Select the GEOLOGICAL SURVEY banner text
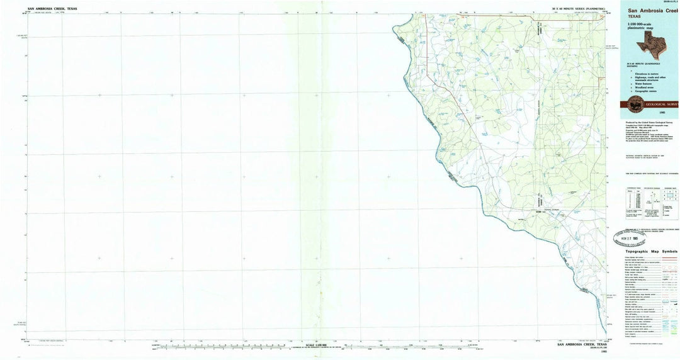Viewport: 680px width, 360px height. click(x=664, y=104)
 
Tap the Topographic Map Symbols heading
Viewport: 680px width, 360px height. click(x=652, y=251)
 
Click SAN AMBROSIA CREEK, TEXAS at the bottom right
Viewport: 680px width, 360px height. click(x=582, y=344)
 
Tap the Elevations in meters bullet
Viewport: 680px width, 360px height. click(x=647, y=74)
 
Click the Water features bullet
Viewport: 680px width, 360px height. click(x=645, y=84)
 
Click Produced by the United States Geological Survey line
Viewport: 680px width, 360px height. click(x=649, y=122)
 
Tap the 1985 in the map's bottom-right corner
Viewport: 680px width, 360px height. click(x=604, y=352)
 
